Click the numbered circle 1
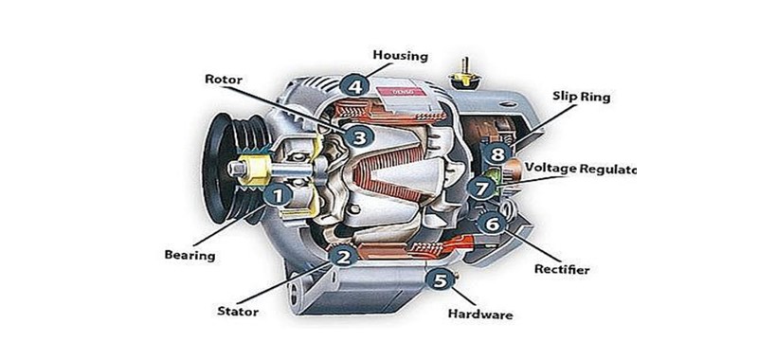pos(277,196)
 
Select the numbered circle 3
pos(357,137)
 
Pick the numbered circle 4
pos(355,85)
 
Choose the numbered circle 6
pos(491,224)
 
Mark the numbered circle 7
pos(482,188)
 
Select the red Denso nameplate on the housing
pos(400,92)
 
